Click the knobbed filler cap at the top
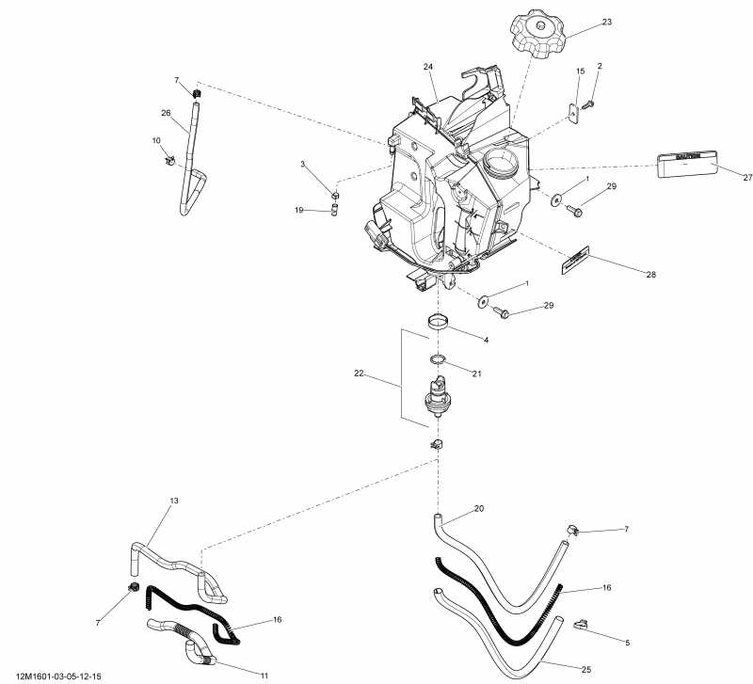[x=539, y=35]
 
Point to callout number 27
[x=748, y=177]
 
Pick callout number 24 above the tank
[x=428, y=67]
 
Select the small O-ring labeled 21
[x=438, y=359]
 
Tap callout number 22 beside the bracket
[x=358, y=374]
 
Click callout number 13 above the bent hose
[x=174, y=501]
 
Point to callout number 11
[x=264, y=676]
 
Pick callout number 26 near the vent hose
[x=166, y=113]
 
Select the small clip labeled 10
[x=169, y=160]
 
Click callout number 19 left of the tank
[x=299, y=211]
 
